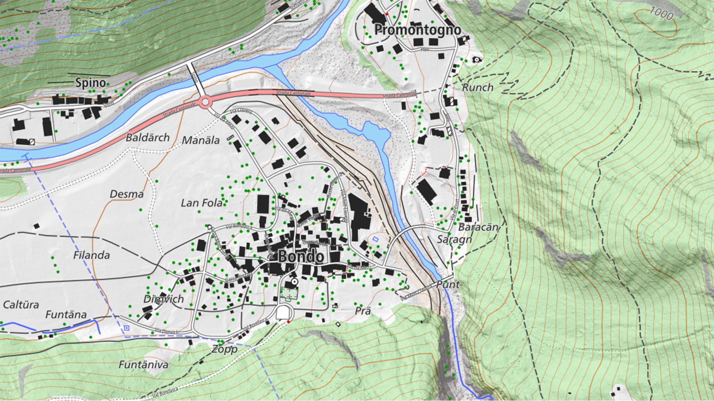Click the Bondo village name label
pos(300,257)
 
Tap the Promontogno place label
pos(417,30)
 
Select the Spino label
pos(90,82)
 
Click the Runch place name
pos(477,88)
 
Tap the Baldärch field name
pos(148,138)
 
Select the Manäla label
pos(201,140)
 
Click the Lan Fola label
pos(201,203)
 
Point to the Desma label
pos(126,194)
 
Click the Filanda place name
pos(91,255)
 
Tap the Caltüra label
pos(21,305)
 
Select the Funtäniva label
pos(143,365)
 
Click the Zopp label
pos(225,349)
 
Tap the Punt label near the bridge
pos(448,285)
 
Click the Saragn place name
pos(454,239)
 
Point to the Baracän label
pos(477,227)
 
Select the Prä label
pos(363,310)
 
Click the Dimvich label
pos(164,299)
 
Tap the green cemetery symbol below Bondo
pos(289,294)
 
